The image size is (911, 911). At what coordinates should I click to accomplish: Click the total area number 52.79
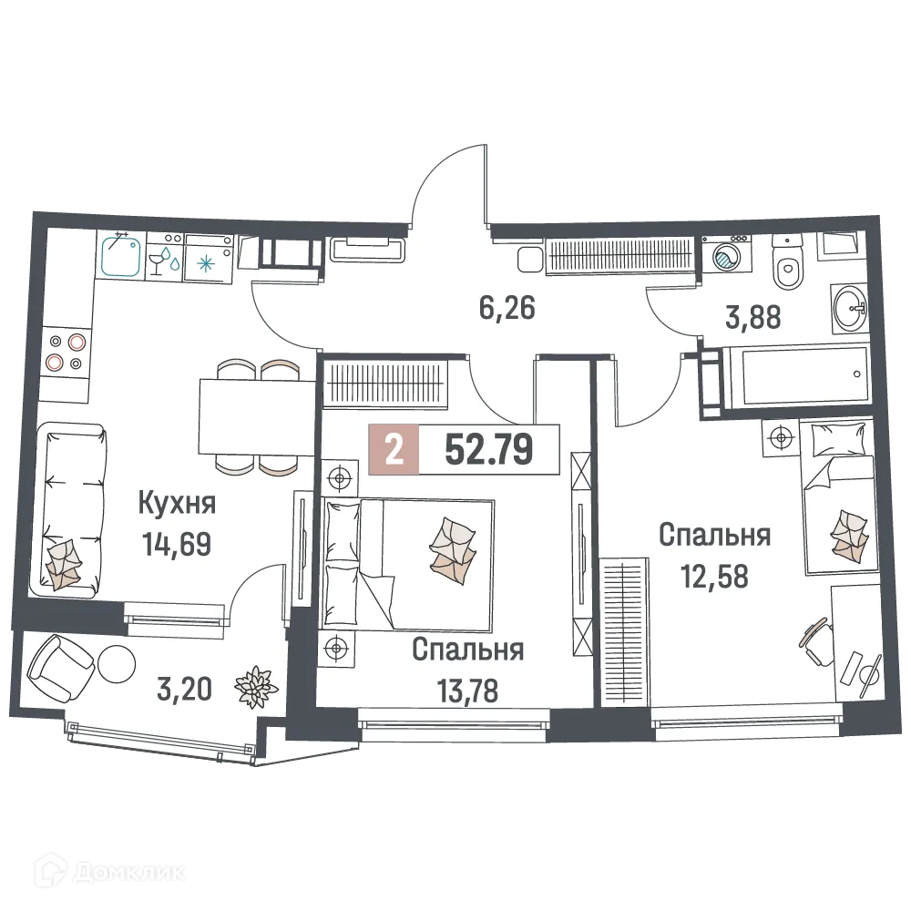point(488,450)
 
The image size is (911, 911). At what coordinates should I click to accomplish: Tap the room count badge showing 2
point(394,450)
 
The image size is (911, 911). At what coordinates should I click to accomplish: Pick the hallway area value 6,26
point(507,308)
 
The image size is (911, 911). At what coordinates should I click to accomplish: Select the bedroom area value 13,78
point(467,691)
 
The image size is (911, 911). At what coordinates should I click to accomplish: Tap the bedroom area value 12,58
point(714,576)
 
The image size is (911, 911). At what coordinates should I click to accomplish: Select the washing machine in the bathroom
point(725,255)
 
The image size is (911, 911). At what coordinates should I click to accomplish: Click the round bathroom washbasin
point(853,309)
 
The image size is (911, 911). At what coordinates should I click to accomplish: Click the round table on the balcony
point(117,662)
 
